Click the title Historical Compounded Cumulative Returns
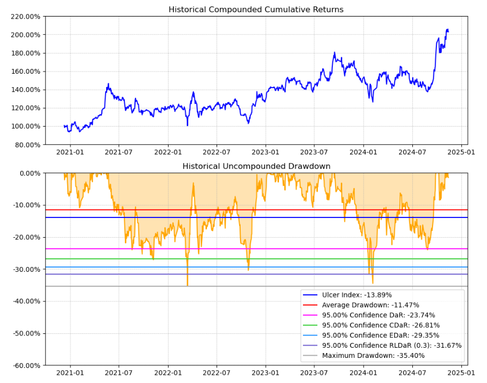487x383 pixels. [x=256, y=10]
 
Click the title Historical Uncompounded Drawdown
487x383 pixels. [x=256, y=166]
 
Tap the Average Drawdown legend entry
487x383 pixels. [x=378, y=305]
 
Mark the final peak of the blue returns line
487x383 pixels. [x=447, y=29]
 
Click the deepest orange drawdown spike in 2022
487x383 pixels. [x=187, y=285]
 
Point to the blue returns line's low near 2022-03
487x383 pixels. [x=187, y=126]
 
